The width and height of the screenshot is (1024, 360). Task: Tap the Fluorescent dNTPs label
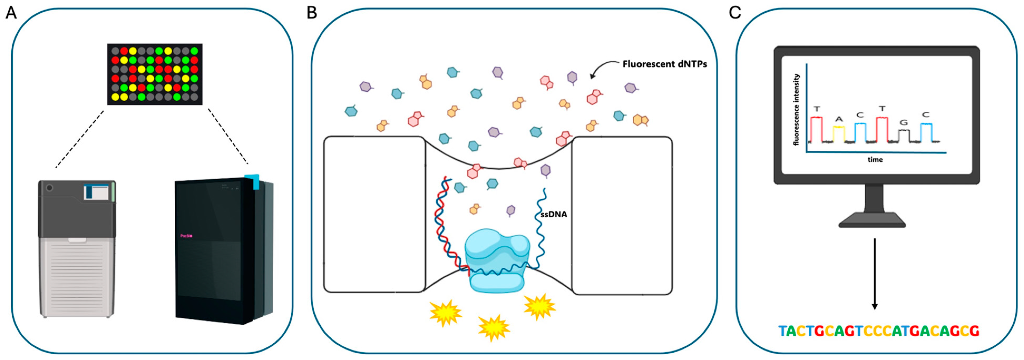point(665,64)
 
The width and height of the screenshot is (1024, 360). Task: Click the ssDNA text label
point(554,215)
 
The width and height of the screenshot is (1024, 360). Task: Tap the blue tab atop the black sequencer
point(253,181)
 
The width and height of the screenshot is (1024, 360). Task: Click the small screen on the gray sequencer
point(96,192)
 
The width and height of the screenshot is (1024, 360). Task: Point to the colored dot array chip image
point(155,74)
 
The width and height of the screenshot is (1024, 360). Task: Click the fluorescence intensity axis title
point(796,110)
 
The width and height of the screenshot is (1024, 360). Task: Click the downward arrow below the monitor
point(875,274)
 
